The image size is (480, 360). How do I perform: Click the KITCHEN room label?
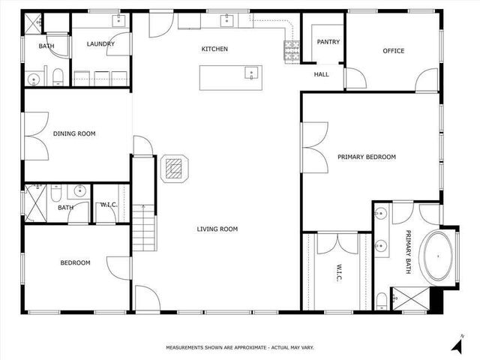pyautogui.click(x=214, y=49)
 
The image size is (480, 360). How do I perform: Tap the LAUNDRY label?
pyautogui.click(x=100, y=44)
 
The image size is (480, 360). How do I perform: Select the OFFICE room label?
pyautogui.click(x=393, y=51)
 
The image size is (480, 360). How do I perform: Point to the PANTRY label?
pyautogui.click(x=328, y=42)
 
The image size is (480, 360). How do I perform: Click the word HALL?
pyautogui.click(x=322, y=74)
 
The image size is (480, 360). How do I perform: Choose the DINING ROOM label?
pyautogui.click(x=74, y=134)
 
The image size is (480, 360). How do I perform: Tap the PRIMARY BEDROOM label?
pyautogui.click(x=367, y=157)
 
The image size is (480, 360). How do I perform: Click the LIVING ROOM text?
pyautogui.click(x=217, y=229)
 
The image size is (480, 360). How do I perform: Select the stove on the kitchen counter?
pyautogui.click(x=291, y=51)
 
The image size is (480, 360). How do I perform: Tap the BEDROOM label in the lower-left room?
pyautogui.click(x=75, y=263)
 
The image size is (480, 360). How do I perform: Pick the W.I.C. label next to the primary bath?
pyautogui.click(x=338, y=272)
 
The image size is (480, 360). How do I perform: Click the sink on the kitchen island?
pyautogui.click(x=251, y=73)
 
